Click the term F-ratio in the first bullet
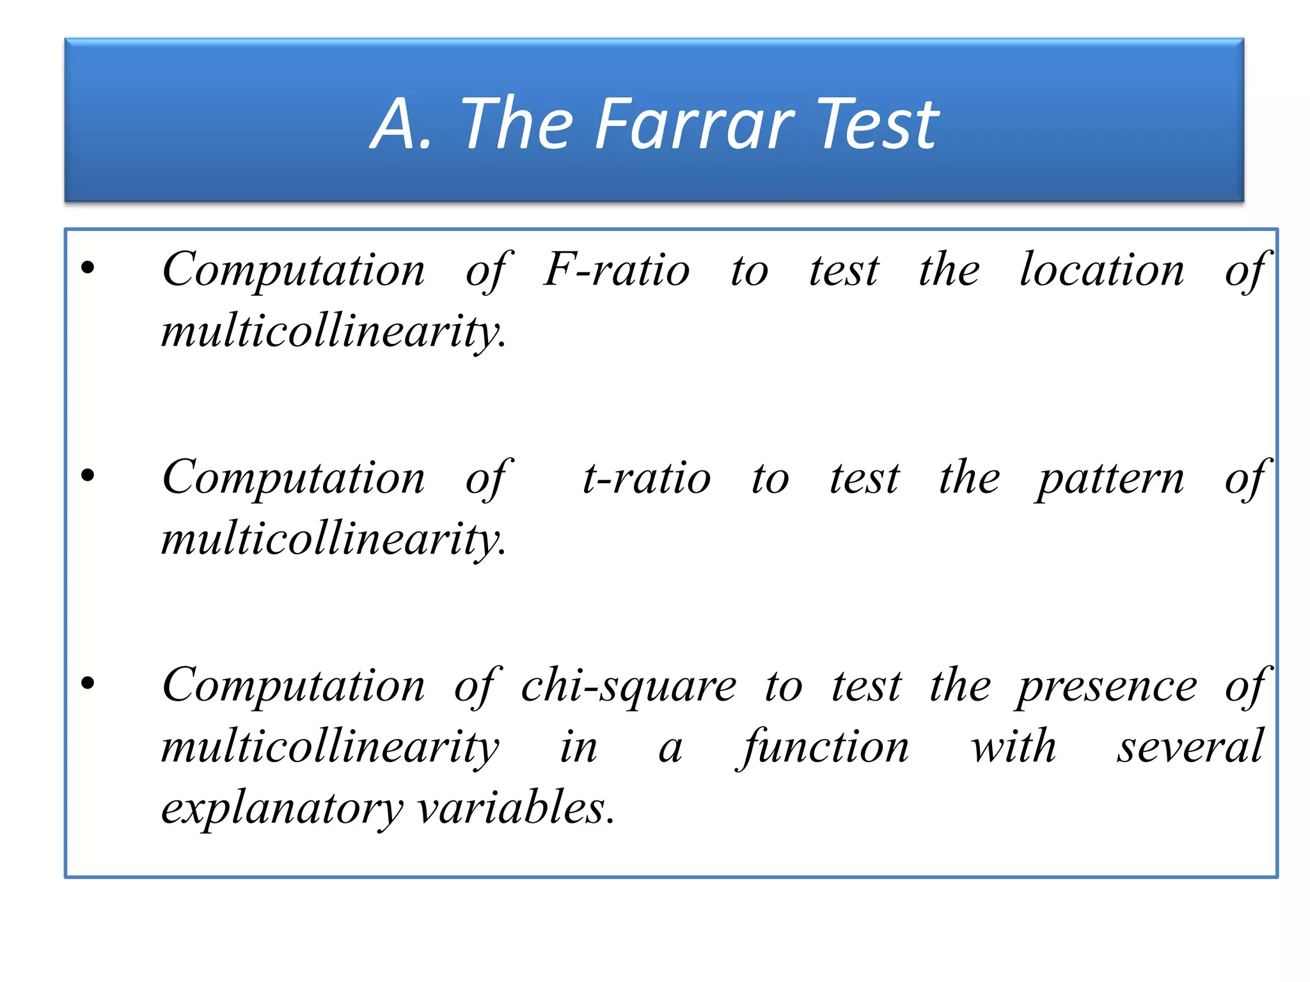[x=617, y=270]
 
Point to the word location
[x=1101, y=270]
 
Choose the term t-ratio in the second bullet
[x=646, y=478]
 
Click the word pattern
[x=1110, y=478]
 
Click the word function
[x=825, y=747]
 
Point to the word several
[x=1190, y=747]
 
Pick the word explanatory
[x=281, y=808]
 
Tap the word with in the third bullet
[x=1013, y=747]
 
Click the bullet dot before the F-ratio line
[x=88, y=268]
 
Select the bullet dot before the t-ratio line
[x=88, y=476]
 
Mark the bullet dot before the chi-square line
[x=88, y=683]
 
